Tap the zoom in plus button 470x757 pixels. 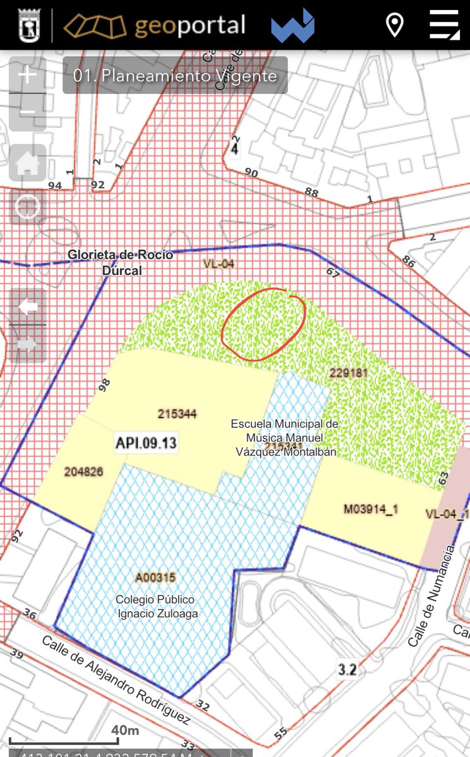pos(27,75)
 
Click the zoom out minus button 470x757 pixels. pos(27,112)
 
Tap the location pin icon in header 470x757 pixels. pos(395,25)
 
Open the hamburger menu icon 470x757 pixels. pos(444,25)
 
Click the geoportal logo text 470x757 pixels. pos(190,26)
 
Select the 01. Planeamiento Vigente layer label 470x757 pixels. pos(175,76)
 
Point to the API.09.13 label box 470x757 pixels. pos(145,442)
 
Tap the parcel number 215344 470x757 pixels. pos(178,414)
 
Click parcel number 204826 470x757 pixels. pos(83,471)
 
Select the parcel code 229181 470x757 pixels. pos(348,373)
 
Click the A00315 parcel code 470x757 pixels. pos(155,577)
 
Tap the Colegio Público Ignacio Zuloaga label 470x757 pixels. pos(155,606)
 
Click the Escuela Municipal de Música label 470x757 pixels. pos(285,437)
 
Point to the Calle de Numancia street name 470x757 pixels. pos(431,596)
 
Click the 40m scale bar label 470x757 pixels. pos(125,731)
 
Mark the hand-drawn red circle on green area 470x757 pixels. pos(263,324)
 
